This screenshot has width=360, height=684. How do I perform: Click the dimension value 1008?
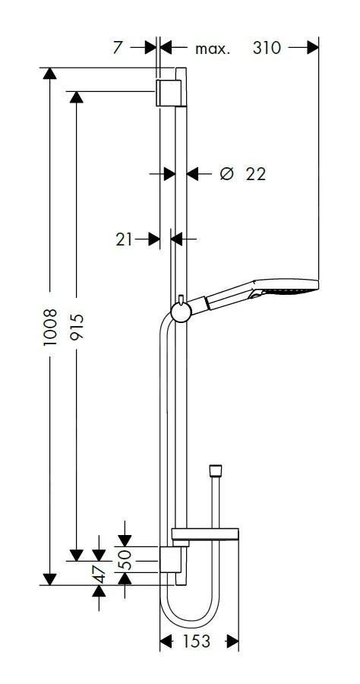pos(50,327)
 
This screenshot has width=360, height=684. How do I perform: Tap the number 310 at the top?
pos(267,48)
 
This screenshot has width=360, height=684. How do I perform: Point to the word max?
pos(212,49)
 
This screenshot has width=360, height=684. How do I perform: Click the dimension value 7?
pos(118,48)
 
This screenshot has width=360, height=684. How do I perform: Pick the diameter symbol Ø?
pos(227,173)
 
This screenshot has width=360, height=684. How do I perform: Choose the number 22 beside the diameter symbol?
pos(256,174)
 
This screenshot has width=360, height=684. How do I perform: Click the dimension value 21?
pos(124,239)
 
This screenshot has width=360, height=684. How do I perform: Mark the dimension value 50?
pos(125,559)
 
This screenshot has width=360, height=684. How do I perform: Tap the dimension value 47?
pos(99,574)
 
